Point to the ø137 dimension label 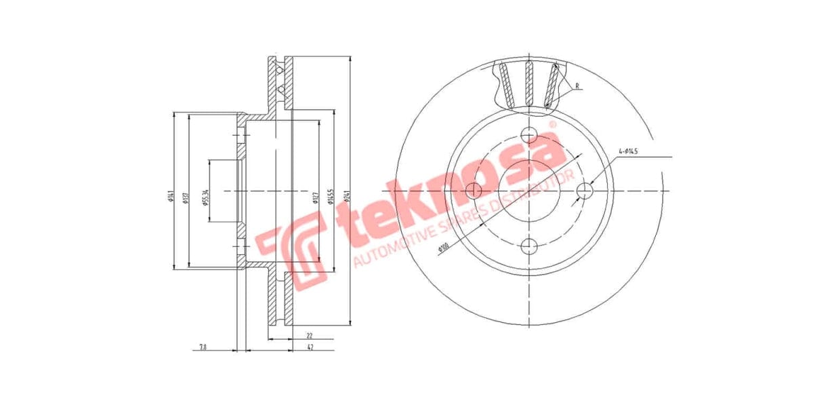185,197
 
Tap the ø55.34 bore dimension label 205,197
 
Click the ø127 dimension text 315,197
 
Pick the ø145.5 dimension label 331,196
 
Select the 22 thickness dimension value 309,335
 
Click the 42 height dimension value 310,347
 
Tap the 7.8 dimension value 203,347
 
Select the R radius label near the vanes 577,86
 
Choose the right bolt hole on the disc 585,191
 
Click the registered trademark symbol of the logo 552,125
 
